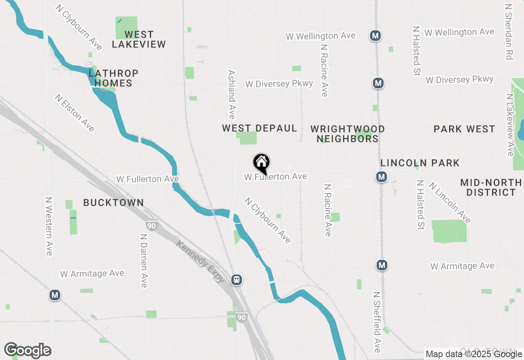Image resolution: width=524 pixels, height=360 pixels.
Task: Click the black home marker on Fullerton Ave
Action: (261, 163)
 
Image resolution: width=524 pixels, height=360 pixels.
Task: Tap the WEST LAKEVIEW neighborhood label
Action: (139, 39)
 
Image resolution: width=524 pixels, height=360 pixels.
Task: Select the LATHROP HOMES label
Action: (113, 78)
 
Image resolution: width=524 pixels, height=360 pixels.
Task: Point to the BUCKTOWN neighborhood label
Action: (113, 202)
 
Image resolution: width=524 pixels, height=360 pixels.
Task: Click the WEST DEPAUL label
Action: (260, 128)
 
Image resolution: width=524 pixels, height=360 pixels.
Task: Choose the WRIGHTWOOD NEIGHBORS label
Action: (348, 134)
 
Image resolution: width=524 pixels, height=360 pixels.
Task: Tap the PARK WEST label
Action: (464, 129)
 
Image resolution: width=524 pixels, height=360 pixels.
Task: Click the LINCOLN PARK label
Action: (420, 163)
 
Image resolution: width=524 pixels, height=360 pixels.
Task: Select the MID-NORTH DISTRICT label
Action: (491, 187)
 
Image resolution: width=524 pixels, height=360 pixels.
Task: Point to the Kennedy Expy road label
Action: (201, 262)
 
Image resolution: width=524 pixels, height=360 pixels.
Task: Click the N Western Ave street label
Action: (49, 226)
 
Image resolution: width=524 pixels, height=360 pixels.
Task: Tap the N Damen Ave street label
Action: (144, 261)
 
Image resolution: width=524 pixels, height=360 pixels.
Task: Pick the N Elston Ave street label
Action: (75, 113)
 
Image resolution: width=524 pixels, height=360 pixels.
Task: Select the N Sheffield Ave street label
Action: (377, 322)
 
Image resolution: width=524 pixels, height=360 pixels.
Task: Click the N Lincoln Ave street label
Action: (449, 202)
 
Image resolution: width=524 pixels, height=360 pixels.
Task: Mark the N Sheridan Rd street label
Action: (509, 32)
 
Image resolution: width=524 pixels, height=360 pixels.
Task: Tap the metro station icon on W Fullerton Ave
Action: (382, 177)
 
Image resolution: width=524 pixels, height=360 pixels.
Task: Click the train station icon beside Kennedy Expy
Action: (236, 280)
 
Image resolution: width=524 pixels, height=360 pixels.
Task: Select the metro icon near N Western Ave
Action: (54, 295)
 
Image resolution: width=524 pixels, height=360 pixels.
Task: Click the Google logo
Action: (27, 351)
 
